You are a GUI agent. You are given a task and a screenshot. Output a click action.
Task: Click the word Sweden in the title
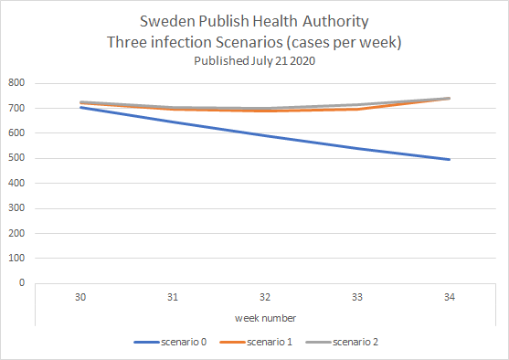(165, 21)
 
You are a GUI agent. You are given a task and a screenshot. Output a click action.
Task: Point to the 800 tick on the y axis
(16, 83)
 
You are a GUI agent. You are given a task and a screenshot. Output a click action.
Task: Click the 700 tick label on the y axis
(16, 108)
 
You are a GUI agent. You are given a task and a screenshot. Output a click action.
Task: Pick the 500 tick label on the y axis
(16, 158)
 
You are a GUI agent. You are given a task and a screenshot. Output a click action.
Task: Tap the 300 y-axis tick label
(16, 207)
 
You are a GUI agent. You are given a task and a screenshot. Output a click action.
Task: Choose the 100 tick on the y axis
(16, 258)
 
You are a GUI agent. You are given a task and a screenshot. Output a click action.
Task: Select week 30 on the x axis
(80, 297)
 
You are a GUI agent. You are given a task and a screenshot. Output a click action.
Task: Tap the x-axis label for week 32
(265, 297)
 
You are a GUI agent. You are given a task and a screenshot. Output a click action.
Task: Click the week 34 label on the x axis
(450, 297)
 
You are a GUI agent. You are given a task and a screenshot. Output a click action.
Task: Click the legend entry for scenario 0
(171, 342)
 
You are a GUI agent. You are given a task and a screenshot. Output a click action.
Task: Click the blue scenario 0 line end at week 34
(450, 160)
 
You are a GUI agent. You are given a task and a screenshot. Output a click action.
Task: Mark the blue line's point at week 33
(357, 149)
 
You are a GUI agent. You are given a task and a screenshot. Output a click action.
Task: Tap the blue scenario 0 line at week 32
(265, 136)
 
